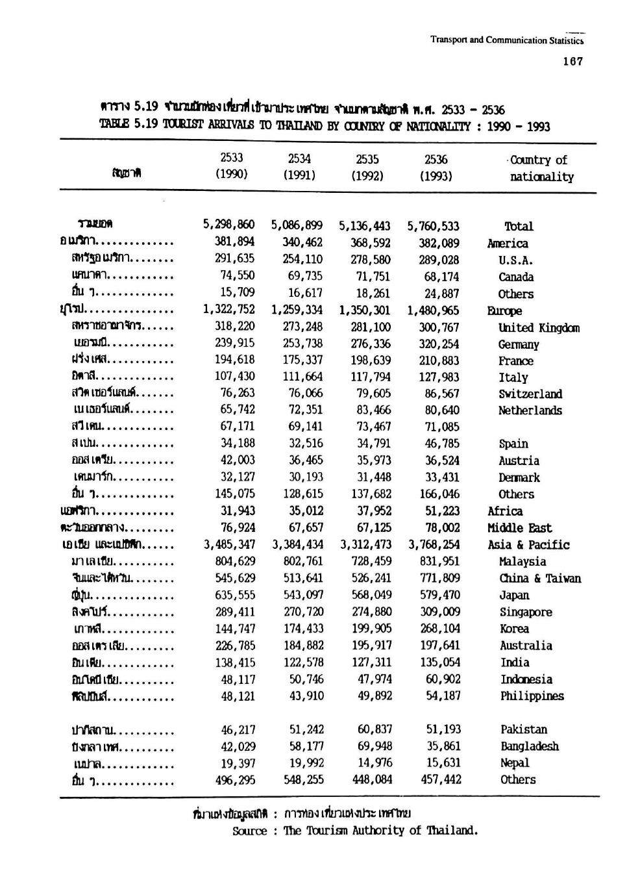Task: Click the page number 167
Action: (x=574, y=62)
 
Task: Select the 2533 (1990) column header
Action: (x=232, y=167)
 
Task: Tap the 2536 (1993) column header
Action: (x=436, y=168)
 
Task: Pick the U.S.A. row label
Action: (x=516, y=260)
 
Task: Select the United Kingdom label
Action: (x=539, y=328)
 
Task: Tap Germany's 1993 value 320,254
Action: (x=439, y=344)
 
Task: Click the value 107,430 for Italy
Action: (x=234, y=377)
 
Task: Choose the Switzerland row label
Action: (x=530, y=394)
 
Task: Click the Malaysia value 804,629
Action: (x=234, y=562)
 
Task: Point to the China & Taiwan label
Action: (x=539, y=579)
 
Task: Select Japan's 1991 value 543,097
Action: (x=303, y=595)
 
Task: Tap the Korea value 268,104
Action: (x=439, y=629)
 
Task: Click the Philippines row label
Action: (x=532, y=696)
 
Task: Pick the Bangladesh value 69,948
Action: (x=375, y=746)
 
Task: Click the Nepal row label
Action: (x=515, y=763)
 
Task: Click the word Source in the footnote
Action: (x=249, y=831)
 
